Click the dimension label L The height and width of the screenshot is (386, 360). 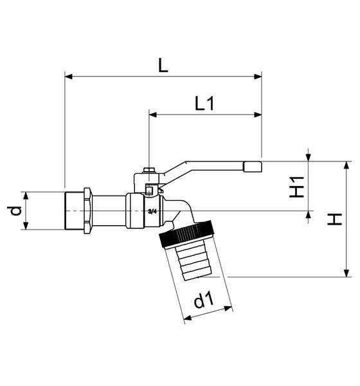(163, 65)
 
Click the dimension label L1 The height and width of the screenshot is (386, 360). (204, 104)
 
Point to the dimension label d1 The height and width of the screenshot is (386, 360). (204, 300)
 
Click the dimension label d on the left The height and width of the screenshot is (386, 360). (14, 210)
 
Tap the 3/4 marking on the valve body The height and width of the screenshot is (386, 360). (152, 211)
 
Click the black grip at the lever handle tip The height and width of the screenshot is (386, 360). (253, 167)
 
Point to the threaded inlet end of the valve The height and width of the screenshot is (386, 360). (77, 210)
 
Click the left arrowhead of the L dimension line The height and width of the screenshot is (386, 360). (68, 77)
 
